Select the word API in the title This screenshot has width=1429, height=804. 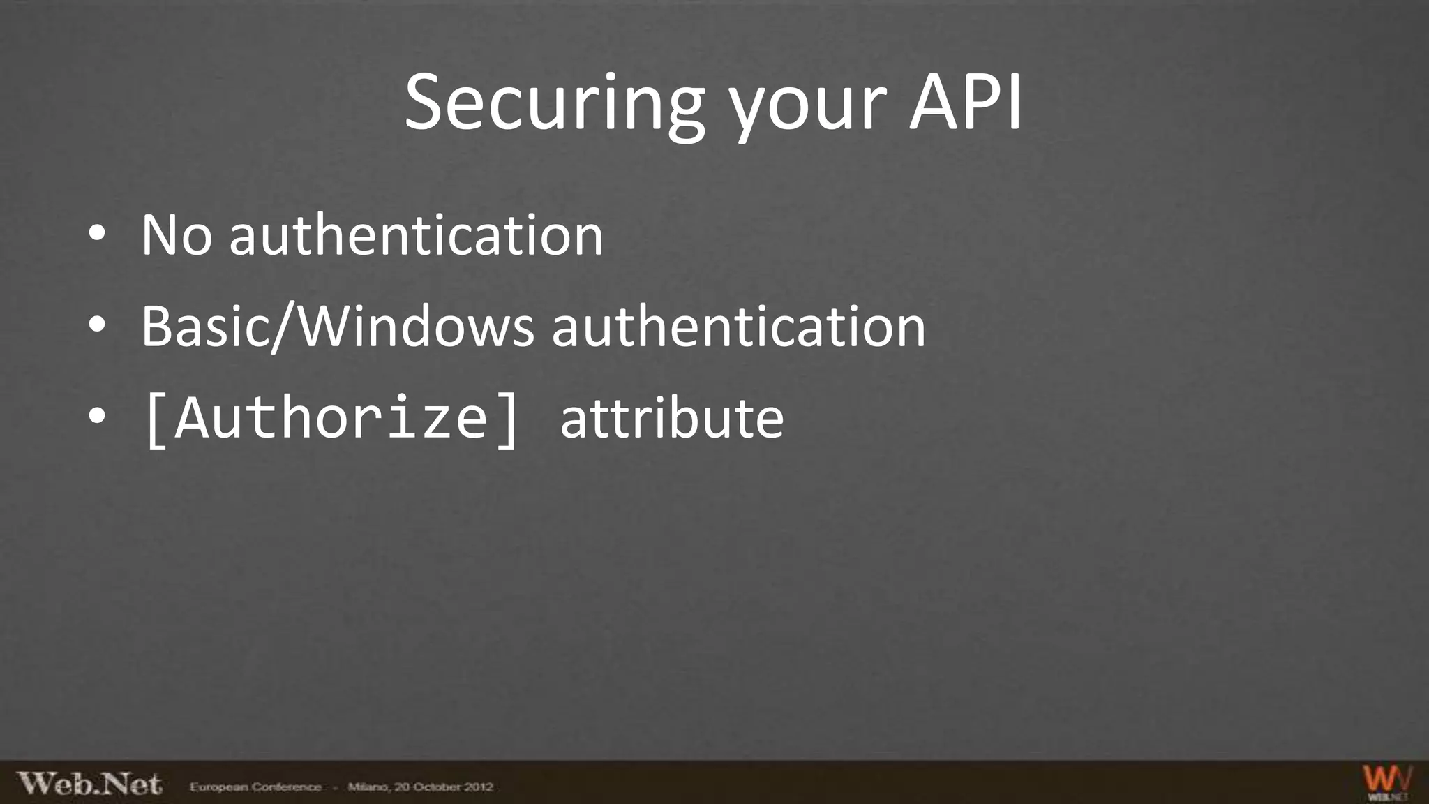click(965, 103)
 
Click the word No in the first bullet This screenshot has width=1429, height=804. click(176, 235)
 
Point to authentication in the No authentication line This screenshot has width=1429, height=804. click(416, 235)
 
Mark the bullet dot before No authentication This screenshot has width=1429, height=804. click(97, 235)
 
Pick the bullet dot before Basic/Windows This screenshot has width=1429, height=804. click(97, 326)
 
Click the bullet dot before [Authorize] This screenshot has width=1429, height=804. click(97, 417)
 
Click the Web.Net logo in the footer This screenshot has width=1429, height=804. click(89, 784)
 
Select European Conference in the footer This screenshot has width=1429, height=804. click(255, 787)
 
